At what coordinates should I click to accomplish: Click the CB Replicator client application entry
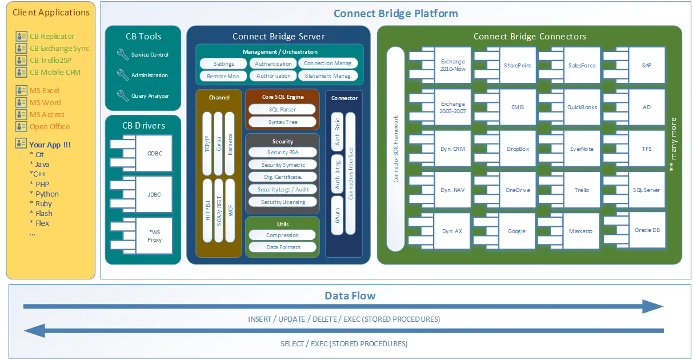pyautogui.click(x=51, y=37)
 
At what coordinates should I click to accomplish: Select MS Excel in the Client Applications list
pyautogui.click(x=44, y=91)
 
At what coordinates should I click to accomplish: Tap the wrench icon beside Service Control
pyautogui.click(x=122, y=54)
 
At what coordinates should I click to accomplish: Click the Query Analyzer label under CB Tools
pyautogui.click(x=150, y=96)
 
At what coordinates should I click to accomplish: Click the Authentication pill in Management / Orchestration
pyautogui.click(x=274, y=64)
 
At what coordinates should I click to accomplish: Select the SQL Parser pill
pyautogui.click(x=283, y=109)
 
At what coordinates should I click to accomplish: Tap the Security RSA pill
pyautogui.click(x=283, y=153)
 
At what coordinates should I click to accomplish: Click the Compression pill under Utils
pyautogui.click(x=282, y=235)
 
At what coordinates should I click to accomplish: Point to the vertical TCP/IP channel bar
pyautogui.click(x=207, y=143)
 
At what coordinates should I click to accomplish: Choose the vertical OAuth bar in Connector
pyautogui.click(x=337, y=215)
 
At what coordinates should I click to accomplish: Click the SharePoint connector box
pyautogui.click(x=517, y=66)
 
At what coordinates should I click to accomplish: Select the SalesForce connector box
pyautogui.click(x=582, y=66)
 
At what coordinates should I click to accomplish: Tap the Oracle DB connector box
pyautogui.click(x=647, y=230)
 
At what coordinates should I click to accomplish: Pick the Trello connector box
pyautogui.click(x=582, y=190)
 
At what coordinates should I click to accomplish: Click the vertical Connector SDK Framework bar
pyautogui.click(x=395, y=149)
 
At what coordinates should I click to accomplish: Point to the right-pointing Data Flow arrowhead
pyautogui.click(x=652, y=307)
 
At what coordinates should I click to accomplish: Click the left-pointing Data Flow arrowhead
pyautogui.click(x=35, y=330)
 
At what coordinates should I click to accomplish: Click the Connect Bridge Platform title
pyautogui.click(x=395, y=14)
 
